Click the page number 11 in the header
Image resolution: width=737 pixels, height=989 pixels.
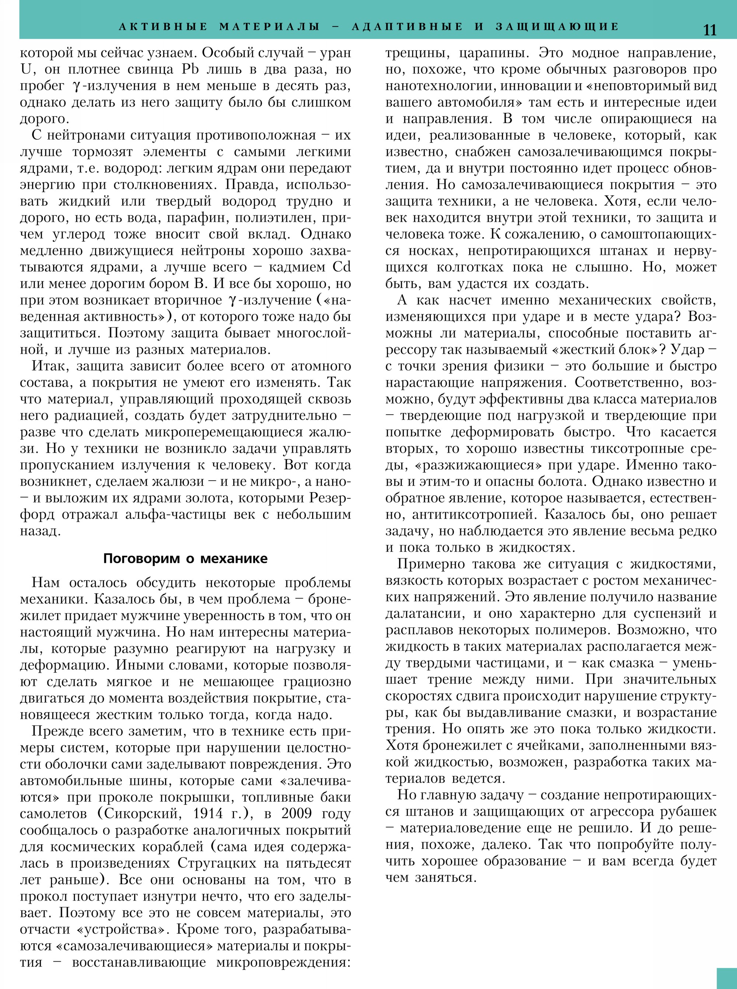click(x=709, y=30)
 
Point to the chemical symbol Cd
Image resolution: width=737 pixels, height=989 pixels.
click(x=342, y=267)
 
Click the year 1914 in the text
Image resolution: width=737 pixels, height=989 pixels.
click(x=208, y=814)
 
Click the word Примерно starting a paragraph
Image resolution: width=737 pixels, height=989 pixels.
click(x=429, y=564)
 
